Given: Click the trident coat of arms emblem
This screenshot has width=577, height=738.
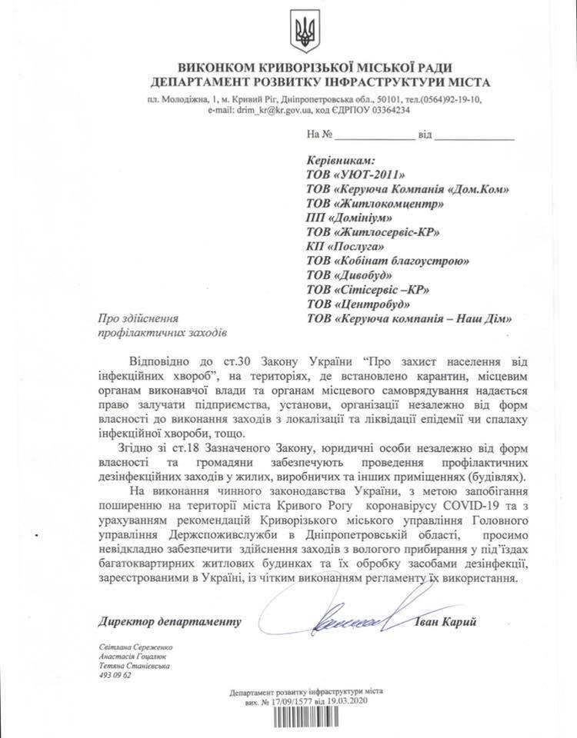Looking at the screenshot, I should coord(302,32).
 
